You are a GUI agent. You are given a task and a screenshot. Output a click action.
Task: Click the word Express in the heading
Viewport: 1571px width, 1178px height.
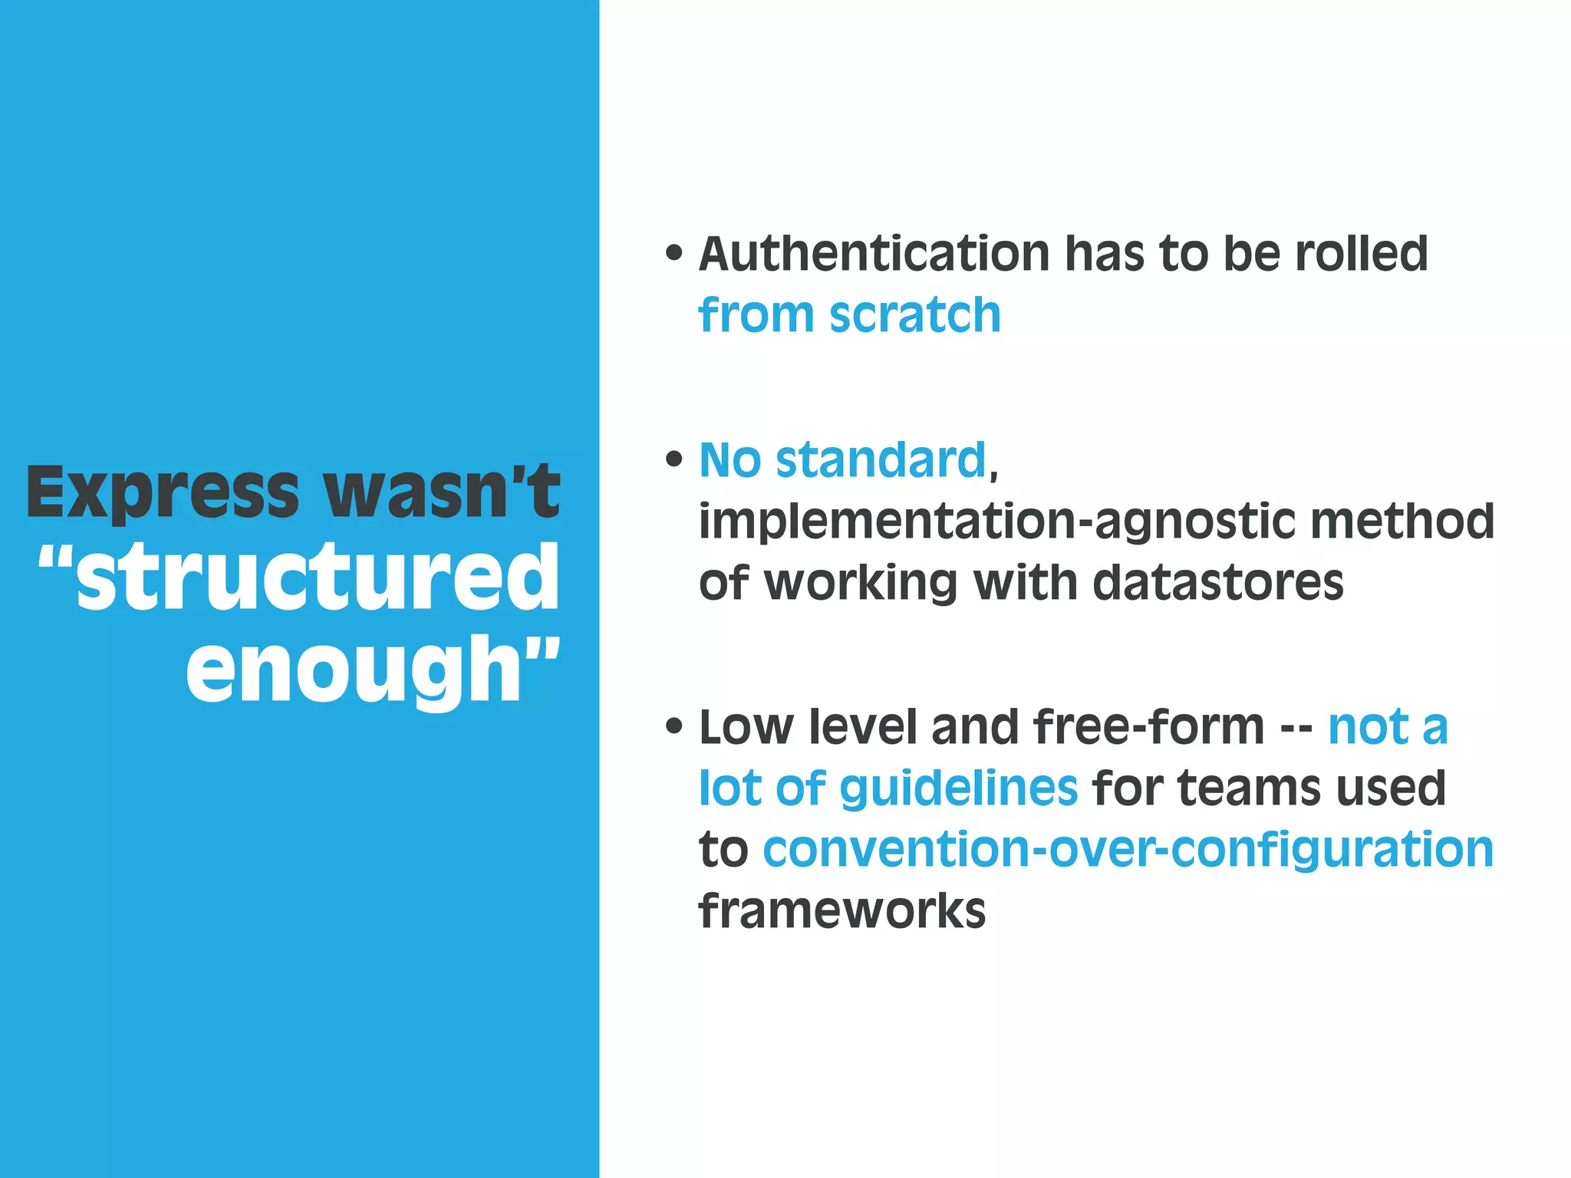click(163, 492)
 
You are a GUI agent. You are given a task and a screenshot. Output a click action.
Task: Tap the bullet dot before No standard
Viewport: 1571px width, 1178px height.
click(674, 459)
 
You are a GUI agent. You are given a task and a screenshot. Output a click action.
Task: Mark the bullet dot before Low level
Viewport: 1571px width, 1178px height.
click(674, 726)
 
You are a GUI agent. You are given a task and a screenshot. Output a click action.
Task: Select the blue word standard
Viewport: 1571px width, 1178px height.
click(881, 460)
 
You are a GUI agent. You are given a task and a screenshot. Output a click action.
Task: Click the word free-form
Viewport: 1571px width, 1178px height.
click(1148, 726)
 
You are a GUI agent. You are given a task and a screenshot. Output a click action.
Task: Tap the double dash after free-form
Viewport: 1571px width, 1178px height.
click(1296, 728)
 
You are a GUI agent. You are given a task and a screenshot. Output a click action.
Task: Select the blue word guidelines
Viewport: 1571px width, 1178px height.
click(959, 788)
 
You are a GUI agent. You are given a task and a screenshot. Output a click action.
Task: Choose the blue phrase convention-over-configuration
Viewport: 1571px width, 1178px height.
click(1128, 849)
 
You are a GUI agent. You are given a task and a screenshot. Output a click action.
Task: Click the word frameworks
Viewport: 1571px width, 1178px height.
click(842, 910)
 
